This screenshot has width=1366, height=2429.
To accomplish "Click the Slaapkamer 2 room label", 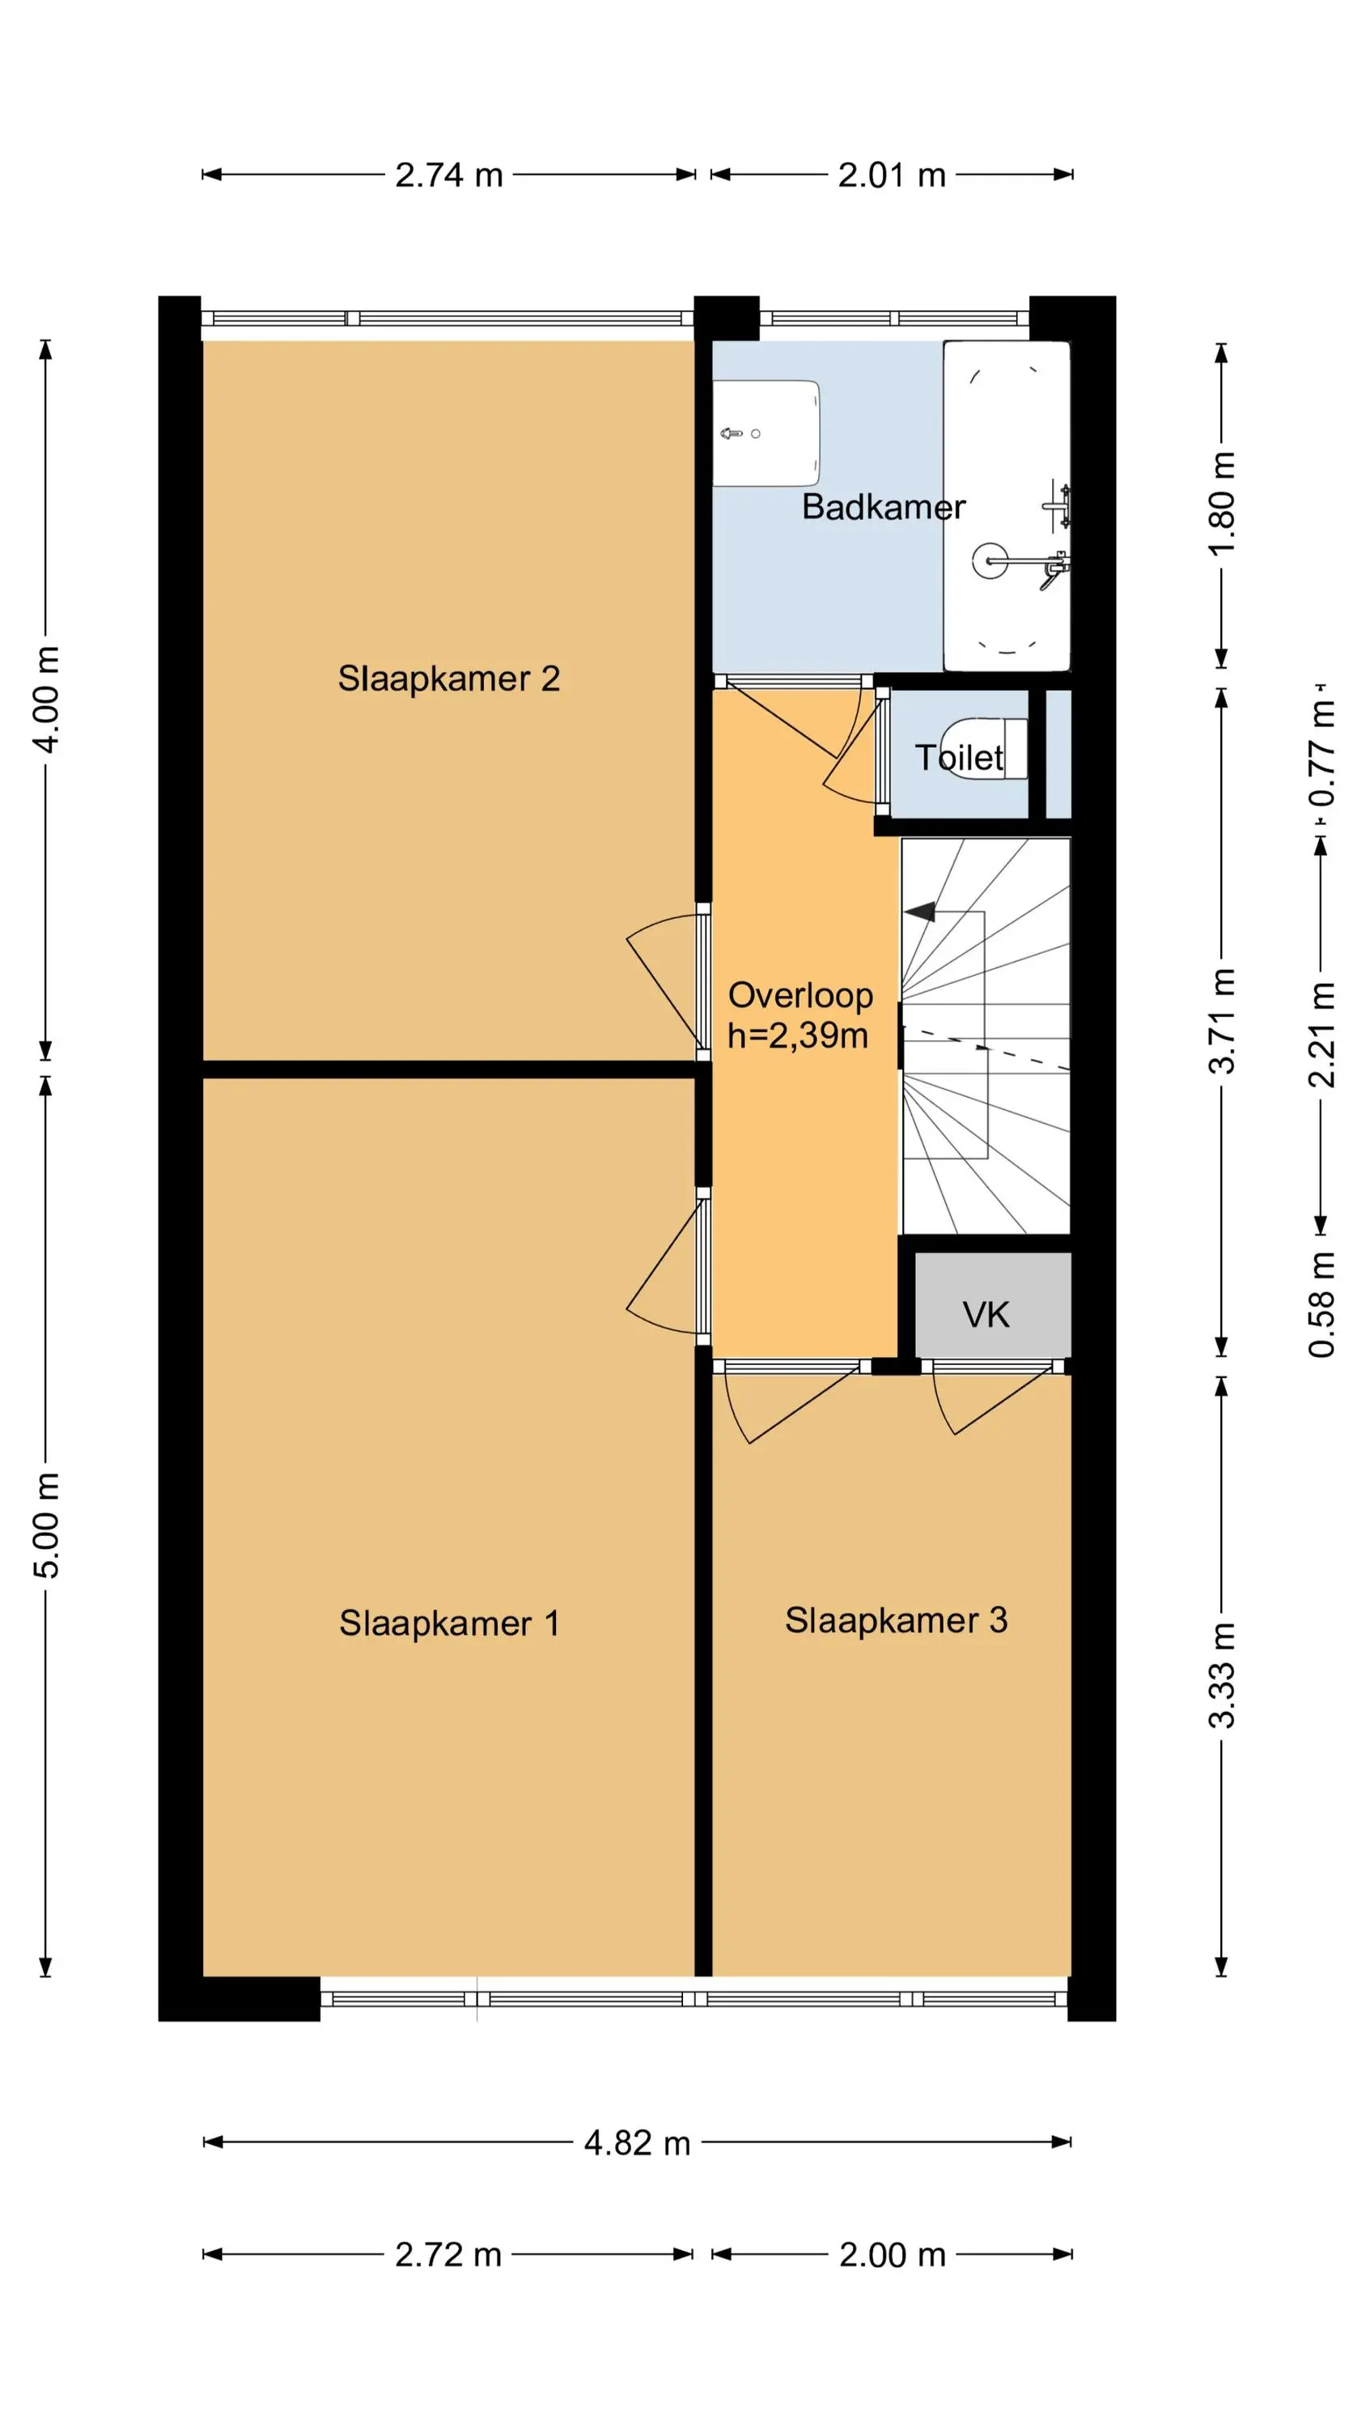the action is coord(449,679).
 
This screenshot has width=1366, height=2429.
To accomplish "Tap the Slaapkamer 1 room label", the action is coord(450,1623).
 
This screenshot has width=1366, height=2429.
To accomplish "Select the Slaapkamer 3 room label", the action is coord(897,1621).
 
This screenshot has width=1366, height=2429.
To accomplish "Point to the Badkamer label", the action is coord(884,508).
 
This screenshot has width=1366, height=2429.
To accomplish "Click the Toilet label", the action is coord(960,757).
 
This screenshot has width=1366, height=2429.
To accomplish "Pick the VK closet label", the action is coord(986,1314).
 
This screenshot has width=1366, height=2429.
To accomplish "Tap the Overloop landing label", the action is coord(800,996).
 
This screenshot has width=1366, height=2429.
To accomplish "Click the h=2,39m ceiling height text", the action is coord(798,1036).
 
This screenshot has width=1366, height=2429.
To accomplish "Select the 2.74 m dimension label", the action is coord(449,176).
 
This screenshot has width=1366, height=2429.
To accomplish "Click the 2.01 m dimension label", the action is coord(892,176).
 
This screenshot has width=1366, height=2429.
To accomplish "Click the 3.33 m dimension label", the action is coord(1222,1674).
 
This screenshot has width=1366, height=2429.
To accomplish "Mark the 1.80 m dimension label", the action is coord(1222,504).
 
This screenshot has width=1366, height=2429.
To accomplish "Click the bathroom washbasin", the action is coord(766,434).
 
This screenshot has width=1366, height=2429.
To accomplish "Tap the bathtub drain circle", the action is coord(991,561).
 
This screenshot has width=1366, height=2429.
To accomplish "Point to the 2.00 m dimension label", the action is coord(893,2255).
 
